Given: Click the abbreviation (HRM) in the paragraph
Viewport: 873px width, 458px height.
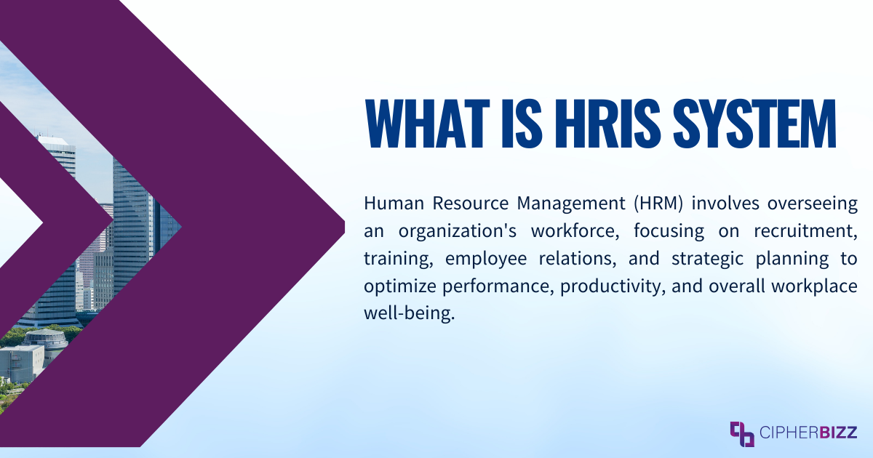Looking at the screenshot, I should pos(658,203).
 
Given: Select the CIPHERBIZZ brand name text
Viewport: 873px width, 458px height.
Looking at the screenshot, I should pos(808,434).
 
